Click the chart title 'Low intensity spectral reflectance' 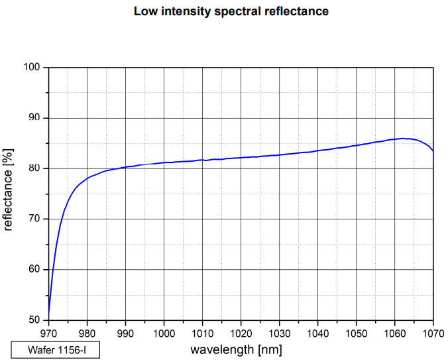tap(231, 11)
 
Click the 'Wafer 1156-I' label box tap(56, 349)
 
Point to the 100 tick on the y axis tap(32, 68)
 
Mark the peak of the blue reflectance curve tap(404, 139)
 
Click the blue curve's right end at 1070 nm tap(433, 150)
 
